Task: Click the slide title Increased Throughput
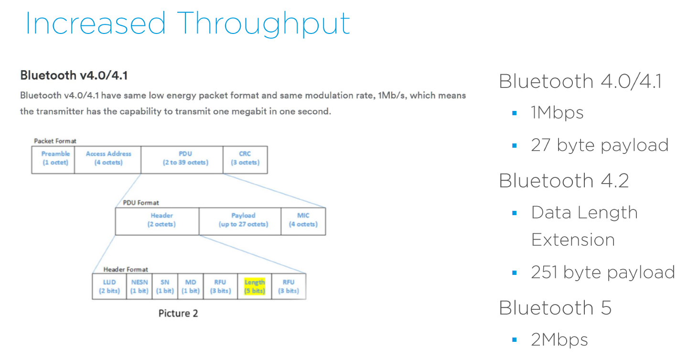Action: (x=187, y=23)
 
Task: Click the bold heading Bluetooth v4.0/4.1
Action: (x=74, y=76)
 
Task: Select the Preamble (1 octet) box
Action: (x=53, y=159)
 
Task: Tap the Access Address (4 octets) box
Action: (x=108, y=159)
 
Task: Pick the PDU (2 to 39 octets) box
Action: (x=182, y=159)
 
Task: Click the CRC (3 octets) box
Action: (x=245, y=159)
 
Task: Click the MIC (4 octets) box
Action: (x=303, y=220)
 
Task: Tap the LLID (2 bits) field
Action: (x=109, y=286)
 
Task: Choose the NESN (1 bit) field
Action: (x=140, y=286)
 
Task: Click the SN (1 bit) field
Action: (x=165, y=286)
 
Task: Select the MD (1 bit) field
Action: (x=191, y=286)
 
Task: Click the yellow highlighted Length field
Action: (x=254, y=286)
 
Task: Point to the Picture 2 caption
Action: (x=178, y=314)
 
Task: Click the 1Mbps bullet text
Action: (x=557, y=113)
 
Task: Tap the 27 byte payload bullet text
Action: (x=599, y=145)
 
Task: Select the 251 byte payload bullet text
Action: (x=602, y=272)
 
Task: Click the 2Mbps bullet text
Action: (x=559, y=339)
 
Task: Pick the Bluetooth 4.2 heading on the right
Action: (x=564, y=180)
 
